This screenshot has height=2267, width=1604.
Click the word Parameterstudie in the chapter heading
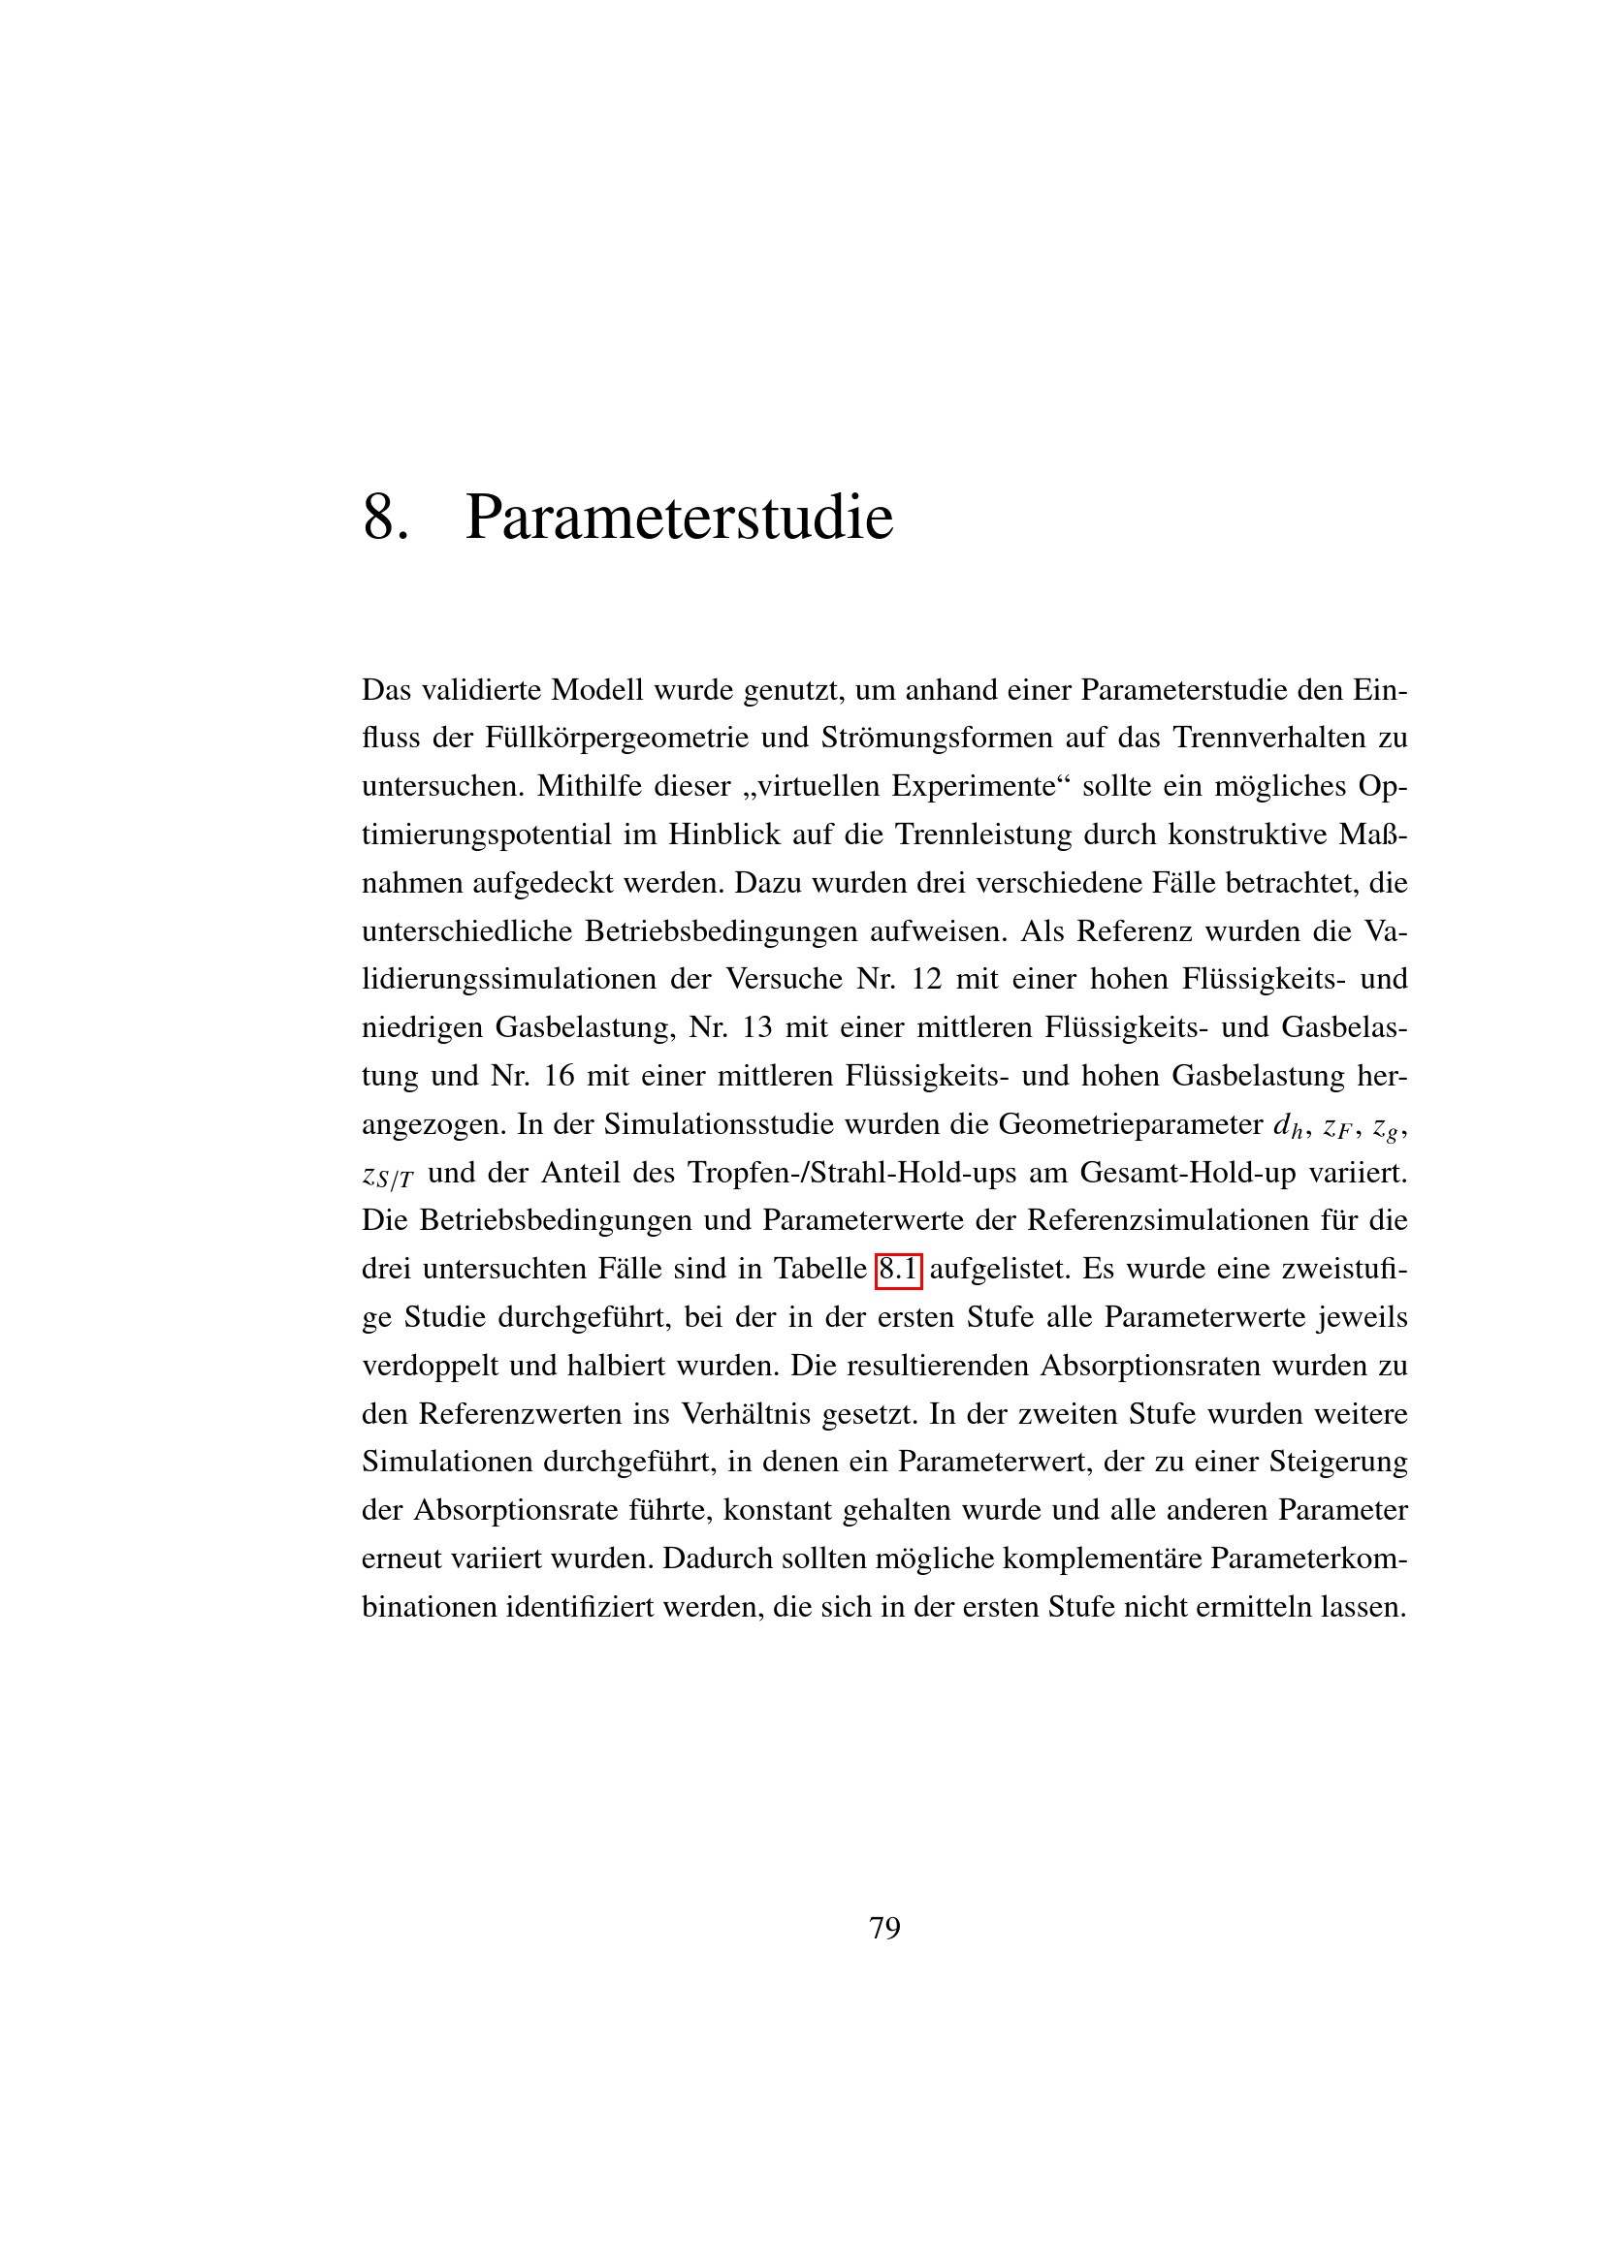tap(679, 517)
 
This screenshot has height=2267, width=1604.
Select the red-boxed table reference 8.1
tap(898, 1269)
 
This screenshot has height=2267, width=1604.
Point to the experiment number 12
tap(926, 979)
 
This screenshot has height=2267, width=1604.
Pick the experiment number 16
tap(558, 1075)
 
